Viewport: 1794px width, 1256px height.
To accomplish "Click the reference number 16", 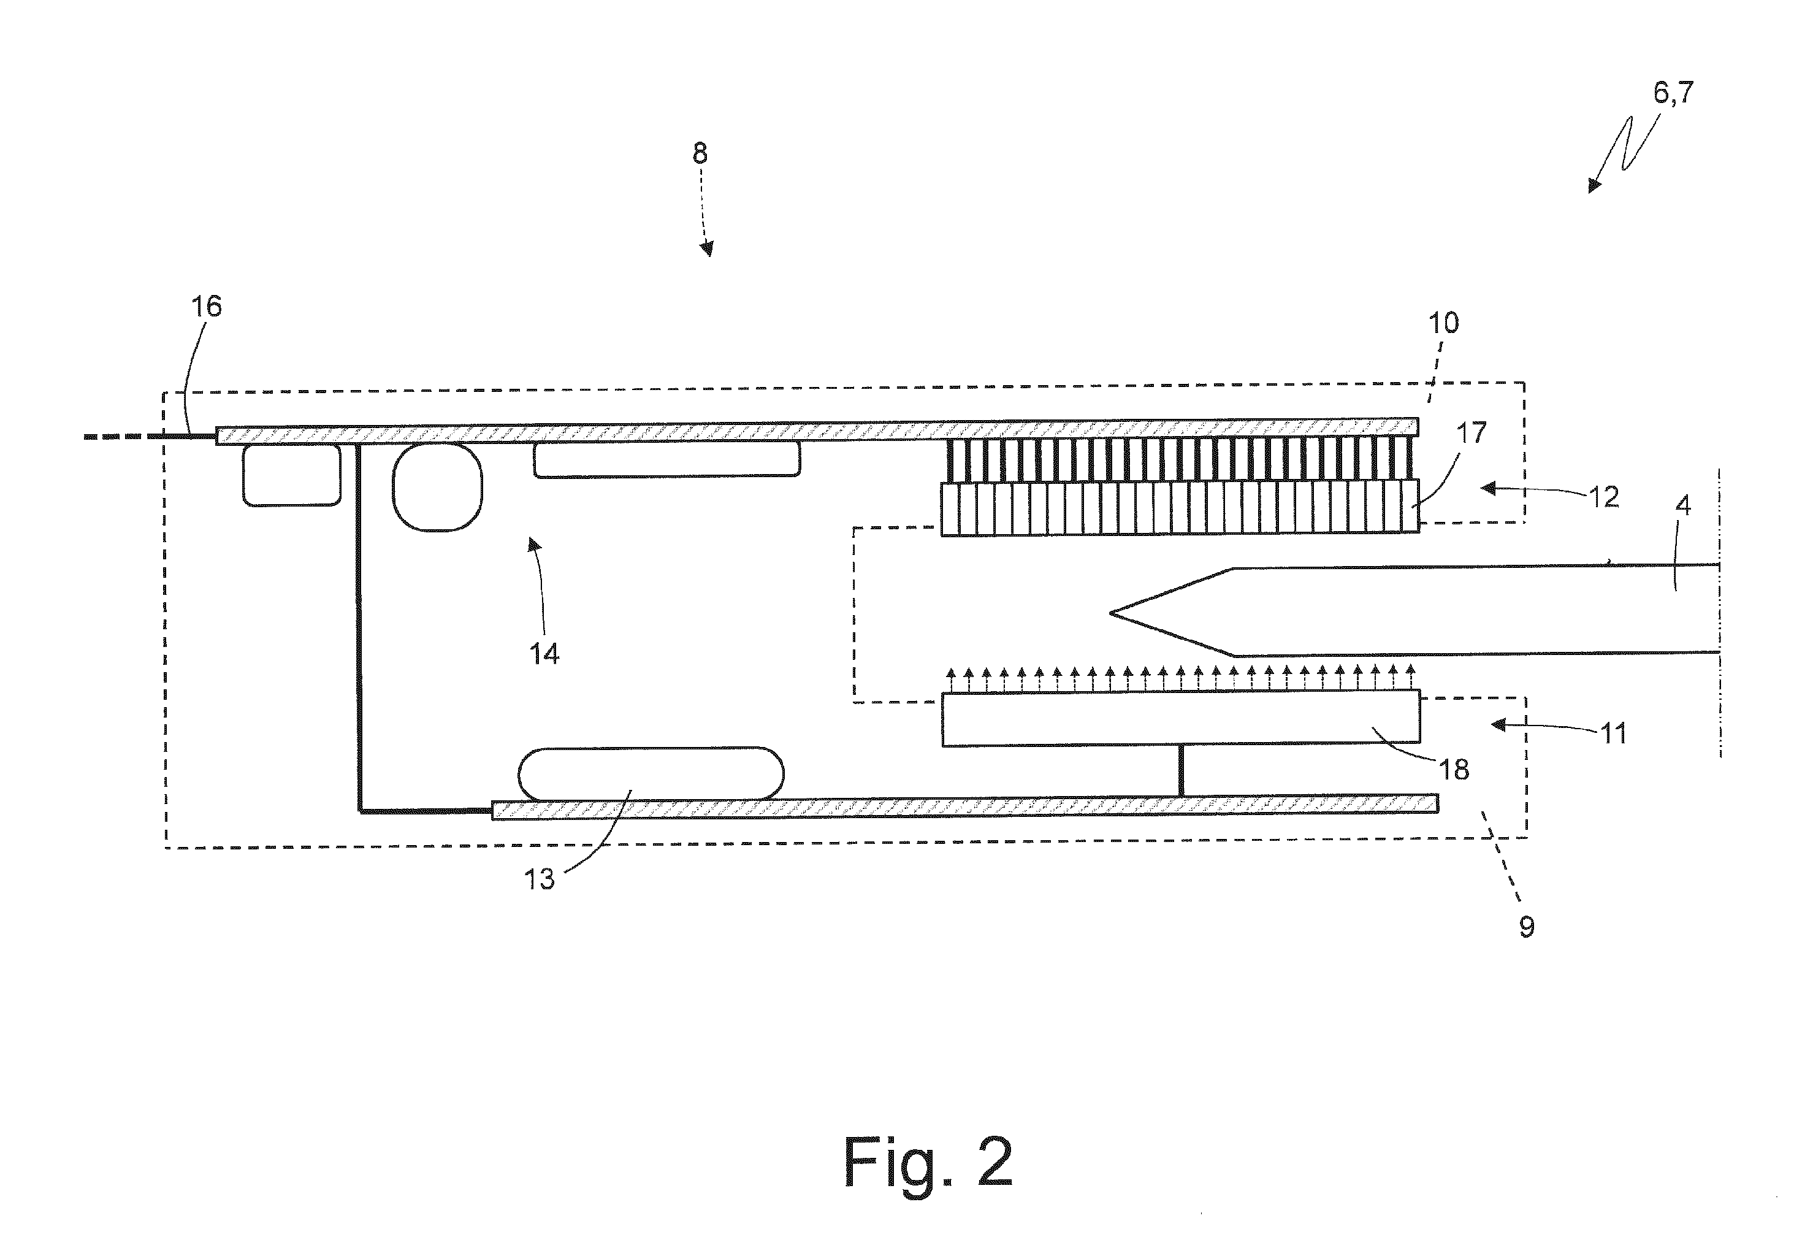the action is click(x=207, y=307).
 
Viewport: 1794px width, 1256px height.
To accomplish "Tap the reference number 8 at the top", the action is click(x=700, y=154).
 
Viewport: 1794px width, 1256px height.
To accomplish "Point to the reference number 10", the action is click(x=1443, y=323).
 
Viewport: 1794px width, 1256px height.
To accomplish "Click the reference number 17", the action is click(x=1470, y=432).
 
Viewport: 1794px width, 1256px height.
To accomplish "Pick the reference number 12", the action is click(x=1603, y=498).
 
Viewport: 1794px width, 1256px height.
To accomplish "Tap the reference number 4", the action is click(x=1684, y=507).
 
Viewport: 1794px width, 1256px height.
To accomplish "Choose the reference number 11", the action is click(x=1613, y=733).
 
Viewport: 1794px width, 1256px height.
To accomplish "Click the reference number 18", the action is click(x=1454, y=770).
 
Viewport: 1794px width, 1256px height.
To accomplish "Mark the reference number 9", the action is click(x=1527, y=927).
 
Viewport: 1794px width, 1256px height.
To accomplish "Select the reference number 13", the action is click(x=539, y=879).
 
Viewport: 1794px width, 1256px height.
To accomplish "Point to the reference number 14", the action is click(x=544, y=653).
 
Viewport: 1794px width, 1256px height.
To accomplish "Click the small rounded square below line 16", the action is click(x=291, y=475).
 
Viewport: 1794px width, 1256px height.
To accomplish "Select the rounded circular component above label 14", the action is click(x=437, y=487).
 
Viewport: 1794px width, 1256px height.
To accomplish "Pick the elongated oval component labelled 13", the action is click(x=651, y=774).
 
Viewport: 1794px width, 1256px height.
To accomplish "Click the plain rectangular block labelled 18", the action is click(x=1181, y=718).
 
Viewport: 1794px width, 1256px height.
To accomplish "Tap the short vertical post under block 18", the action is click(x=1181, y=771).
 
